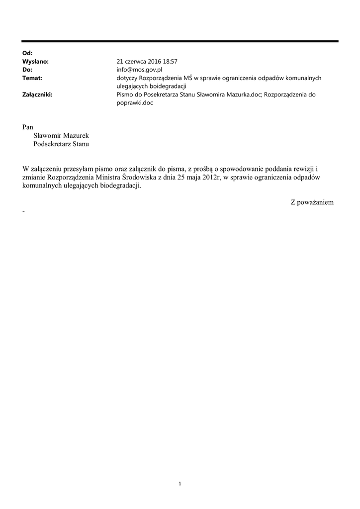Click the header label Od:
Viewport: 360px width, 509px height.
27,53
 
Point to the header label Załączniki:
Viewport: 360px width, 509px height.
37,94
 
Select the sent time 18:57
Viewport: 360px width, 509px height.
169,62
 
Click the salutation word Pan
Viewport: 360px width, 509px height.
28,127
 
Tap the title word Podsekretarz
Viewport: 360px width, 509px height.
52,144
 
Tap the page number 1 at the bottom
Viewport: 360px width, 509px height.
180,483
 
